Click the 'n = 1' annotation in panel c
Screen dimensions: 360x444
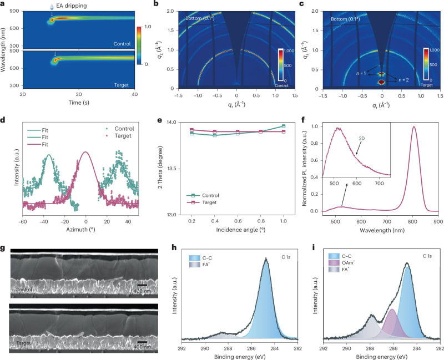[361, 73]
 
